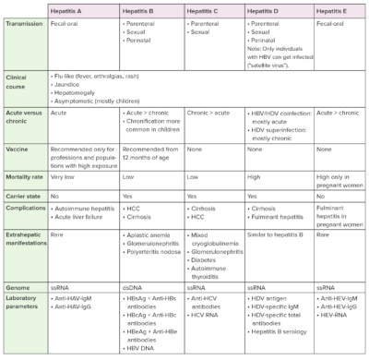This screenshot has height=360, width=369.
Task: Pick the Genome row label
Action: tap(18, 287)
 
